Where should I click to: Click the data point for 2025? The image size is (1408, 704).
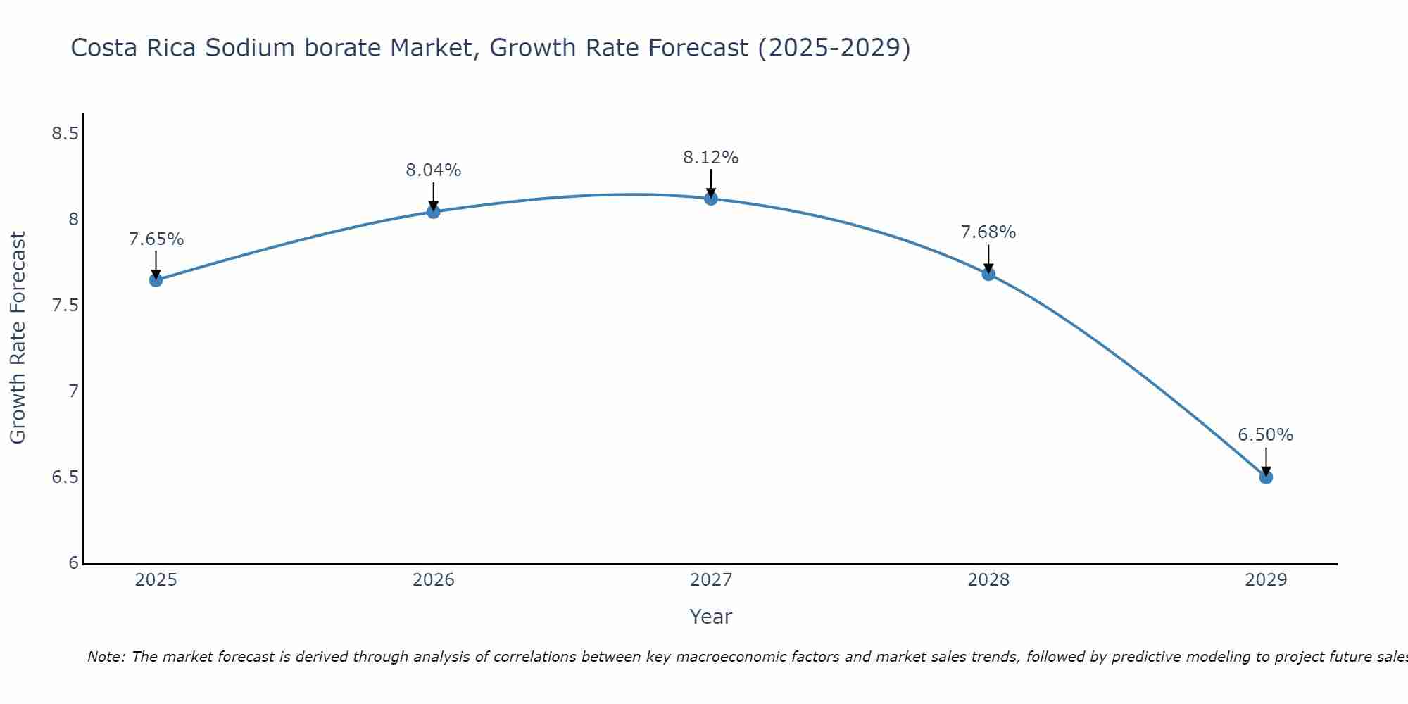[x=156, y=280]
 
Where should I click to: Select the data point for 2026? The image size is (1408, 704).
[x=433, y=211]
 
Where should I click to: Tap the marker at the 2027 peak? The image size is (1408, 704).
[x=710, y=199]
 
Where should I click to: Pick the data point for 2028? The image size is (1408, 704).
[x=988, y=274]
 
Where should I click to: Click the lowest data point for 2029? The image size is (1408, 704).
[x=1265, y=477]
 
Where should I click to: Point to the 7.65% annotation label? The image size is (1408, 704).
[x=156, y=239]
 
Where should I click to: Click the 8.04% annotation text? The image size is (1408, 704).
[x=433, y=170]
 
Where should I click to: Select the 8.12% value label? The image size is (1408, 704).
[x=710, y=158]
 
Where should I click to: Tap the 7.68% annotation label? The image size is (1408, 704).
[x=988, y=232]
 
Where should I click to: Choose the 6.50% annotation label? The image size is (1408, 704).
[x=1265, y=435]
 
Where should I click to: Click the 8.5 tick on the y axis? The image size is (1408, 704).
[x=64, y=134]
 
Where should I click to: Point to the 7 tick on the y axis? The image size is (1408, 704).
[x=73, y=391]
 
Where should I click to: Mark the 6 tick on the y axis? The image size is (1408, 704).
[x=73, y=563]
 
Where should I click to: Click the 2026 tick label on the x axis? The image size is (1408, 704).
[x=433, y=580]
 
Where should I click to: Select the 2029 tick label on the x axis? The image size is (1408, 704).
[x=1265, y=580]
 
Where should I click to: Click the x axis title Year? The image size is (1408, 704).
[x=710, y=617]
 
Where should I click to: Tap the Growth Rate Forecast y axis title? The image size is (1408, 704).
[x=18, y=338]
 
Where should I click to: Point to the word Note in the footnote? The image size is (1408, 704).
[x=106, y=657]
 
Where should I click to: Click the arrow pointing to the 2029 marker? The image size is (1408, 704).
[x=1265, y=461]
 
